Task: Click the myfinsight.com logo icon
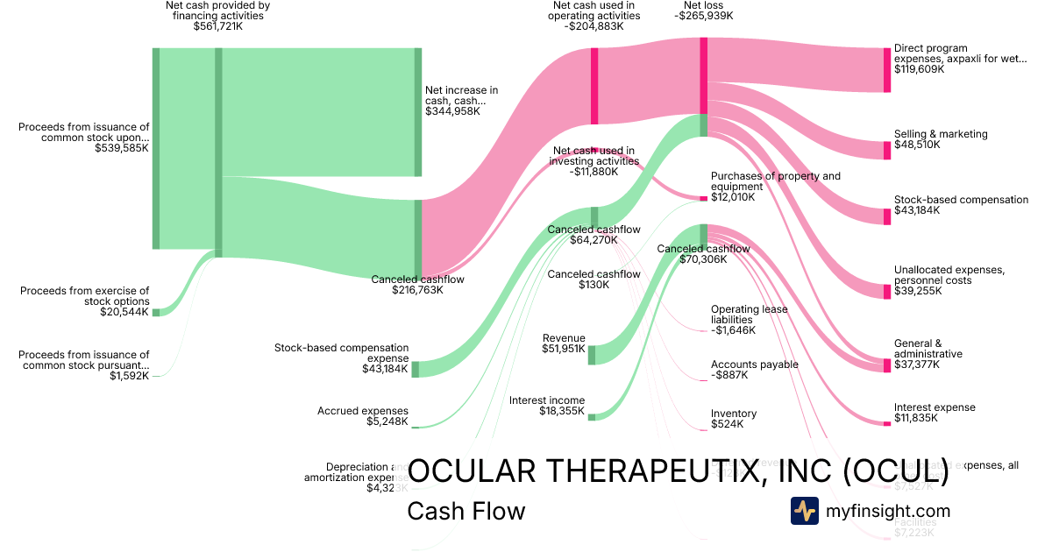804,511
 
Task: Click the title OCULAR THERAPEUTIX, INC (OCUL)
679,471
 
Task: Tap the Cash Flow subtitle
466,511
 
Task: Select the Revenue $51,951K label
564,343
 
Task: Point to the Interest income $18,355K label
547,407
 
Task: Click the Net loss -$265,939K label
703,11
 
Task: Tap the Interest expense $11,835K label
935,413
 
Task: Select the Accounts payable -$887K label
754,369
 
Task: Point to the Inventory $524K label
733,419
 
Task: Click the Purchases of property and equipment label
775,186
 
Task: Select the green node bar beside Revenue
592,355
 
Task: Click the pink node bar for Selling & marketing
886,150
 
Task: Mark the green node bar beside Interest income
592,416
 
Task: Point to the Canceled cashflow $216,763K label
417,285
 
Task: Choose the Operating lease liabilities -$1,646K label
749,320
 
